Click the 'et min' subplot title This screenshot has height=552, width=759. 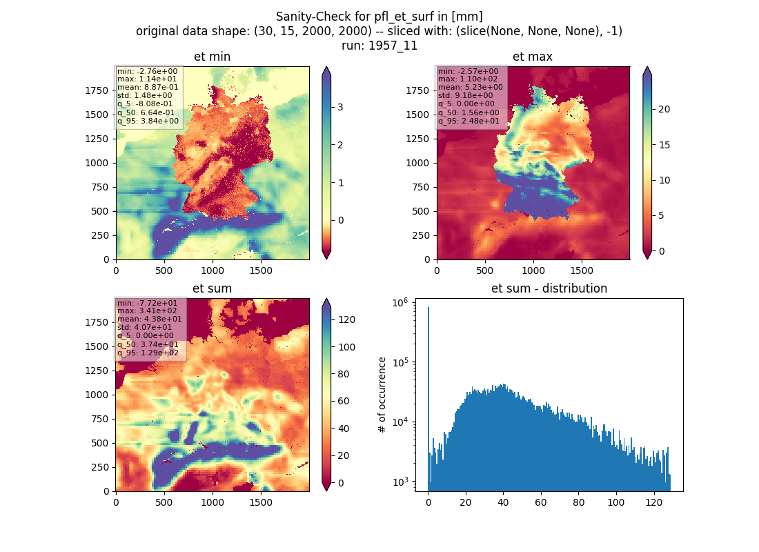tap(212, 57)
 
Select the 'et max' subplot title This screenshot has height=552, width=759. tap(533, 57)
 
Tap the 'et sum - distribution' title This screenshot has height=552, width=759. tap(549, 288)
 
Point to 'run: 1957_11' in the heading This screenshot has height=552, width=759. tap(379, 46)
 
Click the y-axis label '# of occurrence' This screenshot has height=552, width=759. tap(382, 395)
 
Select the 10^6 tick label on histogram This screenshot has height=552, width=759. tap(400, 303)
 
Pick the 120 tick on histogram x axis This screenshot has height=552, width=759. tap(654, 502)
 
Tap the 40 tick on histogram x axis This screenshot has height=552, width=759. tap(504, 502)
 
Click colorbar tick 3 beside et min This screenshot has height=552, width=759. tap(340, 107)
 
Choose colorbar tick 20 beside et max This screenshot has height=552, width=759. tap(664, 109)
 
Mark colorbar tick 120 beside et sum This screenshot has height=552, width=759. tap(347, 319)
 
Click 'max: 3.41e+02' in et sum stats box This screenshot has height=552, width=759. tap(147, 311)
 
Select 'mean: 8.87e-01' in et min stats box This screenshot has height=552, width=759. tap(148, 87)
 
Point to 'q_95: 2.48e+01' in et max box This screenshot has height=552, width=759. tap(469, 121)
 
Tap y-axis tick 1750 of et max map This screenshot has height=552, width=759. tap(417, 90)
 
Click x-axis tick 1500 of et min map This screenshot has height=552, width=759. tap(261, 270)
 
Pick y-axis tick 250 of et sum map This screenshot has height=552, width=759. tap(100, 467)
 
